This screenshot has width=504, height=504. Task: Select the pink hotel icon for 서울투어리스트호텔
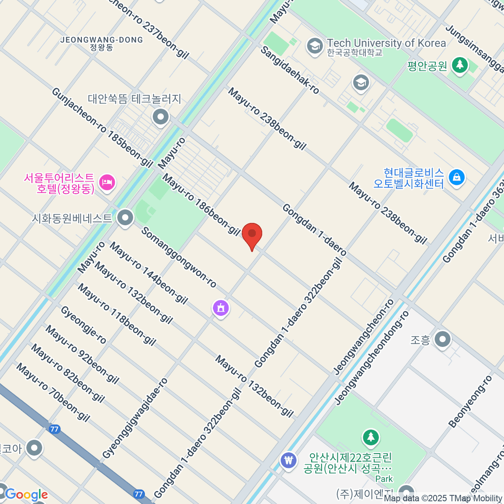tap(107, 183)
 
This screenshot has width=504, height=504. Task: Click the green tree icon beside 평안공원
tap(460, 66)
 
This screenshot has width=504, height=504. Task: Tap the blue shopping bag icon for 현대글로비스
tap(457, 177)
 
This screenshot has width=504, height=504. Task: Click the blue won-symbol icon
tap(289, 460)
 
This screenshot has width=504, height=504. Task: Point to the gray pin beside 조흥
tap(442, 339)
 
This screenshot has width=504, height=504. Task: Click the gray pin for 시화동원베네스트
tap(125, 218)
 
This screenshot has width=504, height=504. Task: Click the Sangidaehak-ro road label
tap(290, 70)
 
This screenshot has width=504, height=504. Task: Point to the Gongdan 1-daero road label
tap(314, 229)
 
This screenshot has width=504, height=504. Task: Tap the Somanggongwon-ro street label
tap(178, 257)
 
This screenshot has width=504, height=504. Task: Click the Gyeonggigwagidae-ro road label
tap(135, 418)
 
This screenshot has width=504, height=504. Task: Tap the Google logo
tap(26, 494)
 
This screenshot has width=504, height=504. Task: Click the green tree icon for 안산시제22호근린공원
tap(370, 438)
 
